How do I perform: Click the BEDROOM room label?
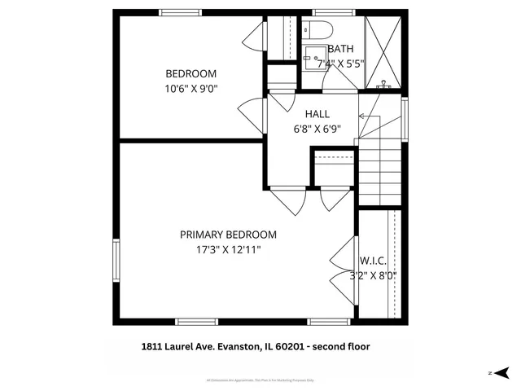pos(191,73)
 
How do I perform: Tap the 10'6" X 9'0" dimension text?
pos(191,89)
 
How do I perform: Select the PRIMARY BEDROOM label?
pos(228,235)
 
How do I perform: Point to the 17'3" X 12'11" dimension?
pos(228,251)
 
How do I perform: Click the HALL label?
pos(317,113)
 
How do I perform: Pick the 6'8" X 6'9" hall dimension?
pos(317,128)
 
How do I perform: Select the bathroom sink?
pos(314,57)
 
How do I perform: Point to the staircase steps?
pos(380,172)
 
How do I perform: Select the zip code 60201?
pos(289,346)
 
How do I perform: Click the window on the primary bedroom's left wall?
pos(116,261)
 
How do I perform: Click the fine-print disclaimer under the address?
pos(260,380)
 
